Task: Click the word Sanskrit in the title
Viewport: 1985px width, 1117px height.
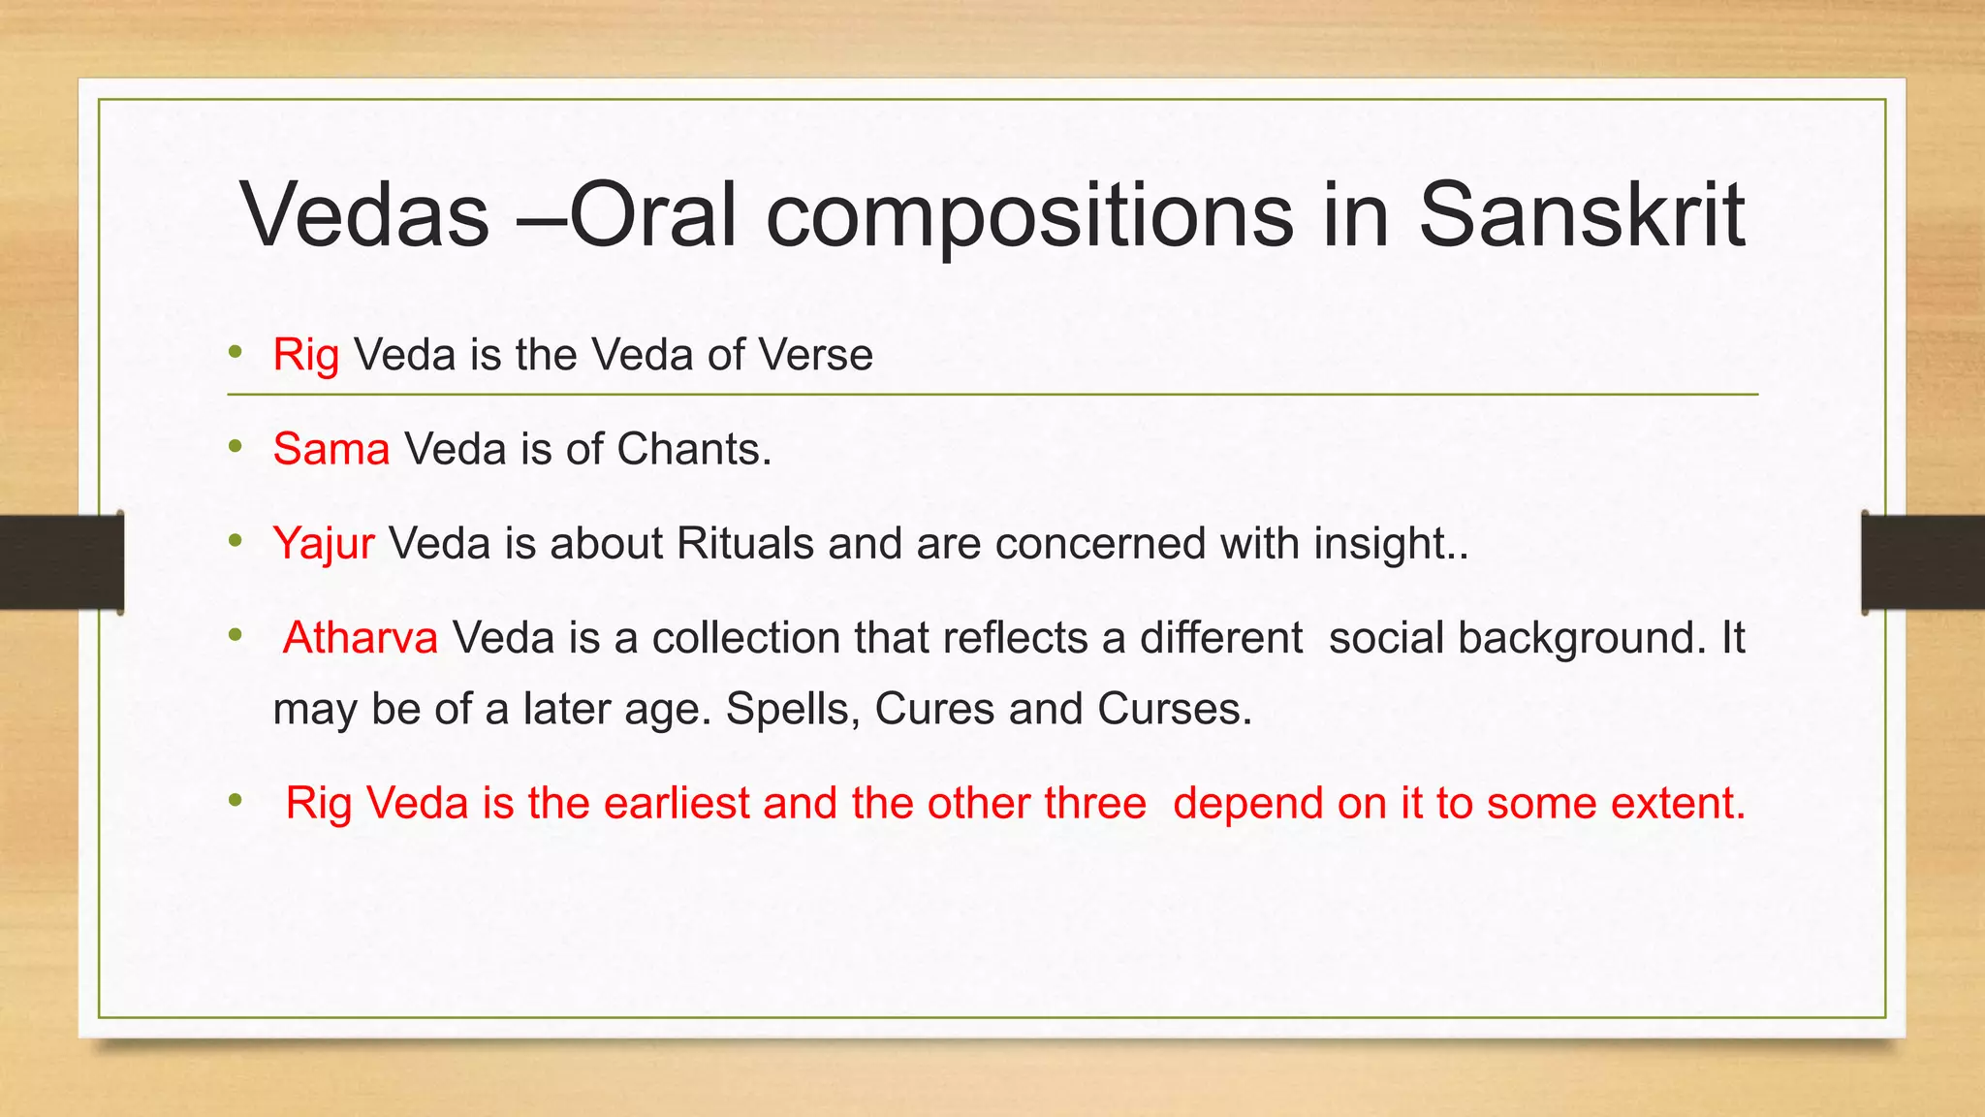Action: click(1582, 214)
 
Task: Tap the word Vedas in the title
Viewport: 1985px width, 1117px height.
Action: click(365, 214)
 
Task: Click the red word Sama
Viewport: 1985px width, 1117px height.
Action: click(331, 449)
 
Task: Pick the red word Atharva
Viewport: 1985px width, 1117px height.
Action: click(361, 638)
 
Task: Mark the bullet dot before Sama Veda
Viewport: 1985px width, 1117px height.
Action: click(235, 447)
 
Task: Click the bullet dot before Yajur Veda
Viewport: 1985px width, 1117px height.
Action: click(235, 541)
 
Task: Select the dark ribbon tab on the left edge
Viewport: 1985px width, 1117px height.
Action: click(62, 562)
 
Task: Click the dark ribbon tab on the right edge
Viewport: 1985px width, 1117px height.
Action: click(1923, 562)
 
